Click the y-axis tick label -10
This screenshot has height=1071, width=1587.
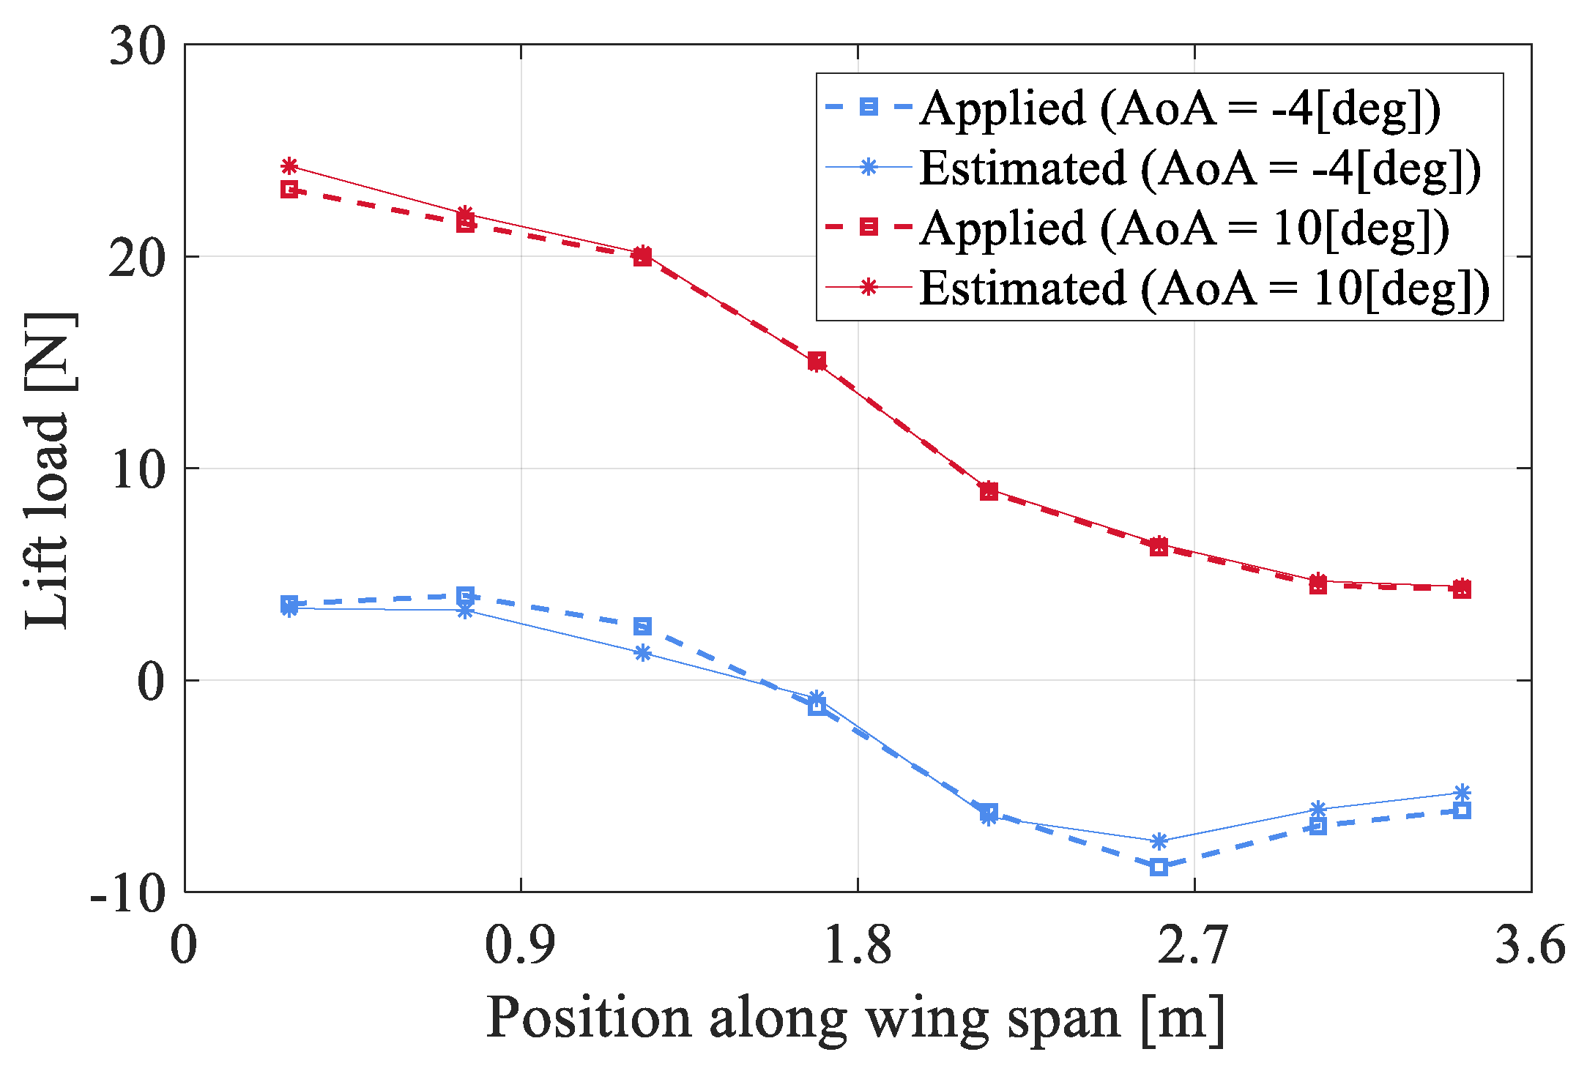pyautogui.click(x=128, y=893)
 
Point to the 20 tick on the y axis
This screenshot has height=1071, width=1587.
pyautogui.click(x=138, y=258)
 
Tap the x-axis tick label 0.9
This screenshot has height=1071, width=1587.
pyautogui.click(x=520, y=944)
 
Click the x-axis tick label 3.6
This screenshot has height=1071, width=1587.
pyautogui.click(x=1529, y=944)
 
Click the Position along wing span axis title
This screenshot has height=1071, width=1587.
pyautogui.click(x=855, y=1018)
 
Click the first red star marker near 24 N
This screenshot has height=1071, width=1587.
pyautogui.click(x=289, y=166)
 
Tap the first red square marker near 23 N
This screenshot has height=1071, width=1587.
pyautogui.click(x=289, y=190)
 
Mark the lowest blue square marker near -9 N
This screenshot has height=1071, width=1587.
pyautogui.click(x=1159, y=867)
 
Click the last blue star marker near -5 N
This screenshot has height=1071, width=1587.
pyautogui.click(x=1462, y=793)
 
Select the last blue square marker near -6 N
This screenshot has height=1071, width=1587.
pyautogui.click(x=1462, y=810)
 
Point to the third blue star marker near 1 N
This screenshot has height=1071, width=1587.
pyautogui.click(x=642, y=653)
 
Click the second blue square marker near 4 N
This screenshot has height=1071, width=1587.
pyautogui.click(x=465, y=595)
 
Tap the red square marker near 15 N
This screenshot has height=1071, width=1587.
pyautogui.click(x=817, y=360)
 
